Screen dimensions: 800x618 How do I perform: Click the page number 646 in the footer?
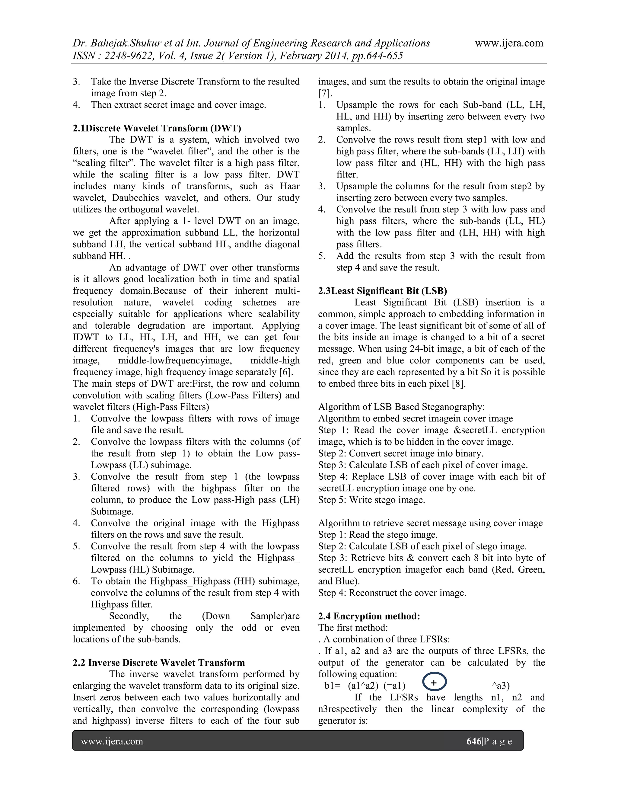coord(474,741)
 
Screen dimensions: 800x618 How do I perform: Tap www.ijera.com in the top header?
coord(509,43)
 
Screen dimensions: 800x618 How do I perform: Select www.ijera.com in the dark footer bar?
coord(112,741)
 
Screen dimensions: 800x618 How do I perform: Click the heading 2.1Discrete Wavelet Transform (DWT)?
coord(157,128)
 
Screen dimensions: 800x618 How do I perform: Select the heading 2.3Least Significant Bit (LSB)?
coord(383,291)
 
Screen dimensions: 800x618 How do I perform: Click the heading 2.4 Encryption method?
coord(369,616)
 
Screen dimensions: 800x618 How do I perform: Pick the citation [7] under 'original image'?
coord(325,93)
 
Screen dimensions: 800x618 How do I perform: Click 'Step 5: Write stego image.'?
coord(371,500)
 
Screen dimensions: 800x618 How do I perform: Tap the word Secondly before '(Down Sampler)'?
coord(129,616)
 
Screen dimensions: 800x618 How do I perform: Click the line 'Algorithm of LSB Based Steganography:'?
coord(401,407)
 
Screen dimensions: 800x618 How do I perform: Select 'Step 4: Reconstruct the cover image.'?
coord(392,593)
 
